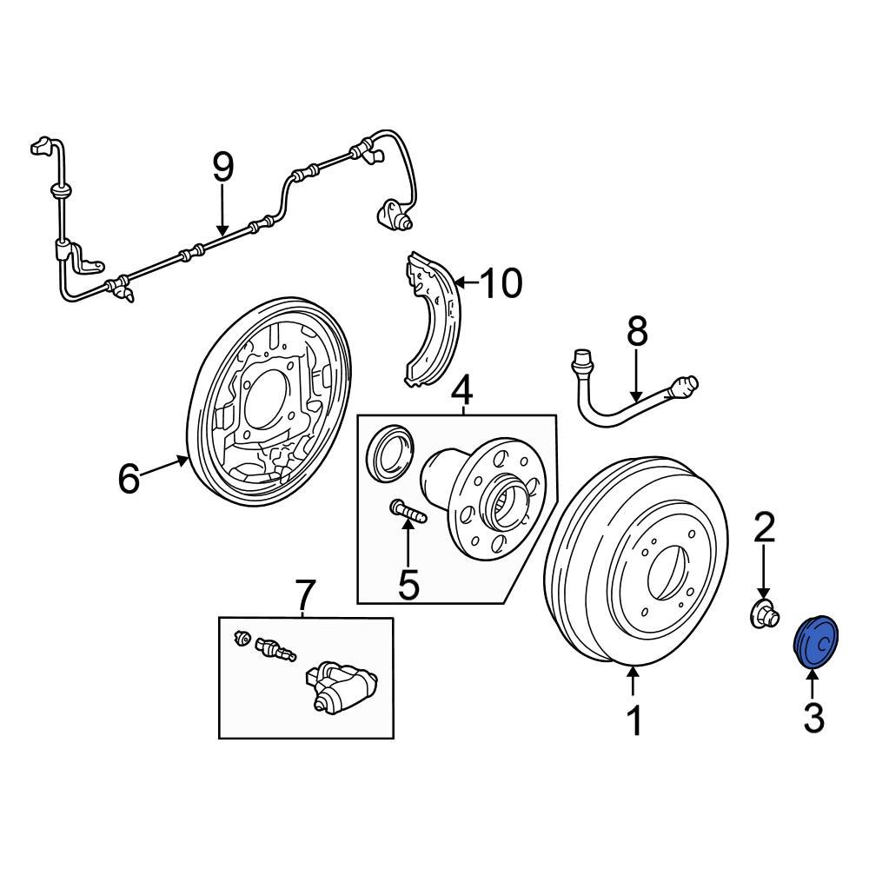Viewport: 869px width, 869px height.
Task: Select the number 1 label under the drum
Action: pyautogui.click(x=635, y=720)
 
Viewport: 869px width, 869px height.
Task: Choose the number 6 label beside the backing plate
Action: pyautogui.click(x=129, y=478)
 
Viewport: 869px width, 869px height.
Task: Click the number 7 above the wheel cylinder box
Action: pyautogui.click(x=303, y=596)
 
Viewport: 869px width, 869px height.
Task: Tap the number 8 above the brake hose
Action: pyautogui.click(x=637, y=331)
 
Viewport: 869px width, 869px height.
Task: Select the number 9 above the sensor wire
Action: pyautogui.click(x=223, y=167)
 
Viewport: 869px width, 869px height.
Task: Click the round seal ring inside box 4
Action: pyautogui.click(x=387, y=452)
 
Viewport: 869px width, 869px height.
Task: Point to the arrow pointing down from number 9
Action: pyautogui.click(x=223, y=213)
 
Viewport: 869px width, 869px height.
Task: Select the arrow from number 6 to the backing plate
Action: pyautogui.click(x=163, y=467)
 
